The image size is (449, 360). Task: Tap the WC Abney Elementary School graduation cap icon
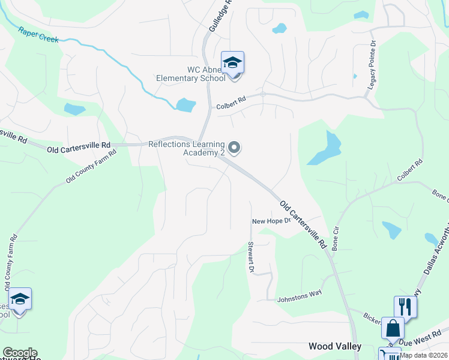(x=232, y=62)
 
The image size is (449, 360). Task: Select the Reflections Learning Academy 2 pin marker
(x=235, y=147)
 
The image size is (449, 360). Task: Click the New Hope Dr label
(x=271, y=221)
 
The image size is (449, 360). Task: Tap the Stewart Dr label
(x=250, y=257)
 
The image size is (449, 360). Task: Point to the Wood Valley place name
(x=335, y=346)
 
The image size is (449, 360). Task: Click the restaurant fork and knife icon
(x=405, y=307)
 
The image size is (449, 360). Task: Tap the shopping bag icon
(x=393, y=329)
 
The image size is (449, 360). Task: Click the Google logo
(x=20, y=353)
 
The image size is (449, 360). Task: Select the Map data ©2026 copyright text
(x=424, y=355)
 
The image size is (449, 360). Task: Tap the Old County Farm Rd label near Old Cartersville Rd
(x=91, y=166)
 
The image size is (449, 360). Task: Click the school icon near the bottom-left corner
(x=20, y=299)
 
